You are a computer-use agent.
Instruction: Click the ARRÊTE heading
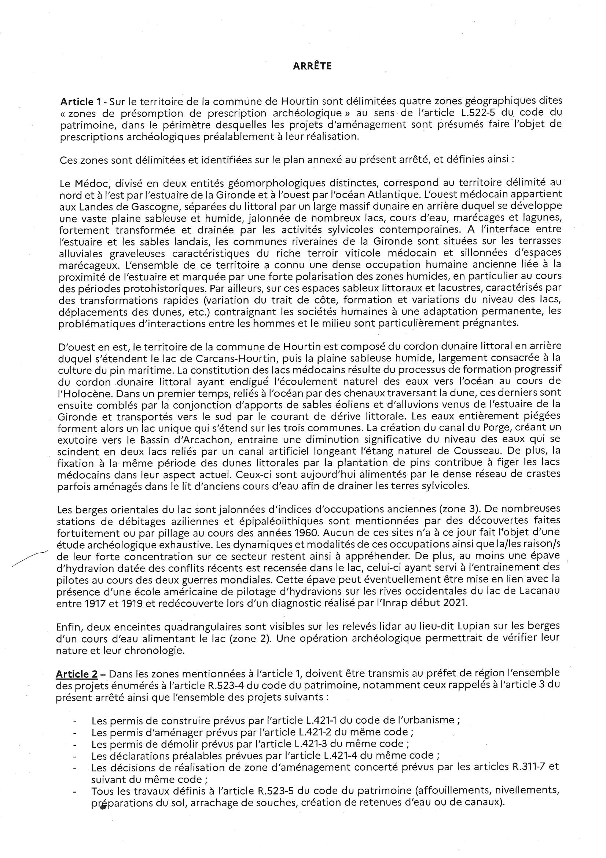click(x=312, y=66)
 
